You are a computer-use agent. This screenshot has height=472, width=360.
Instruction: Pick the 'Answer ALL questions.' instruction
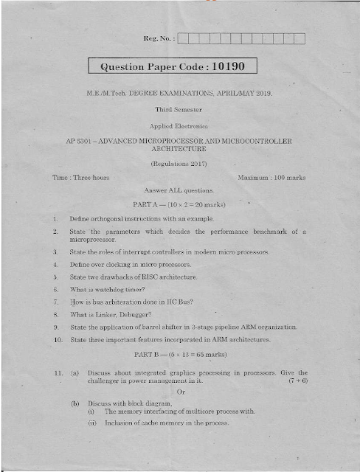pos(179,190)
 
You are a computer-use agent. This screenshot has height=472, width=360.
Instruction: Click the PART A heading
pos(179,204)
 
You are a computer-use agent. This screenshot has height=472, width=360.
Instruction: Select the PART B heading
pos(179,355)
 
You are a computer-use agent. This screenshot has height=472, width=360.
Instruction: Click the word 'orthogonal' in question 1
pos(106,219)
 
